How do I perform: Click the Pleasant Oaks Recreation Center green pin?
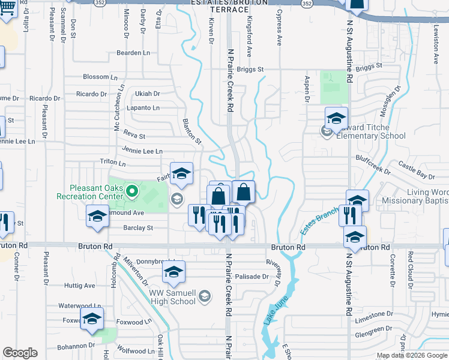pos(134,193)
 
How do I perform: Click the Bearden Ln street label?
pos(133,53)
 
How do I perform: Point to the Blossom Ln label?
pos(100,77)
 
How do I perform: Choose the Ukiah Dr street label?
pos(148,94)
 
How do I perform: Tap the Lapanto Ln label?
pos(143,108)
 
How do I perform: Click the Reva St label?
pos(134,136)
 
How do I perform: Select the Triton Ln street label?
pos(113,163)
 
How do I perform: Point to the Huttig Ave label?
pos(80,286)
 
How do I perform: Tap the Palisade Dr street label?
pos(252,277)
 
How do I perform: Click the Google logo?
pos(20,353)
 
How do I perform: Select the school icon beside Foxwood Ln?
pos(92,320)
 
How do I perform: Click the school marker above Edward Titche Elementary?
pos(337,119)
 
